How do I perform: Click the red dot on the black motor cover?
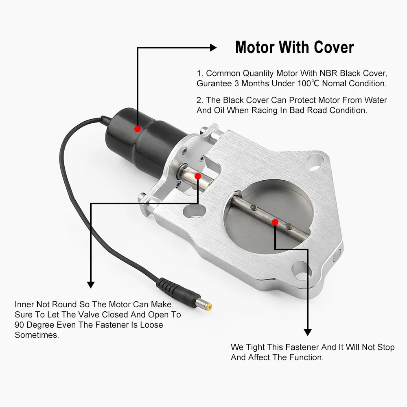138,129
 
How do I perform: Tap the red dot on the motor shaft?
197,176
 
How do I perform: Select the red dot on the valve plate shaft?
275,222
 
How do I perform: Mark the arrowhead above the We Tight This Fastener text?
307,331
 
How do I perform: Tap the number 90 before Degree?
20,325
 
